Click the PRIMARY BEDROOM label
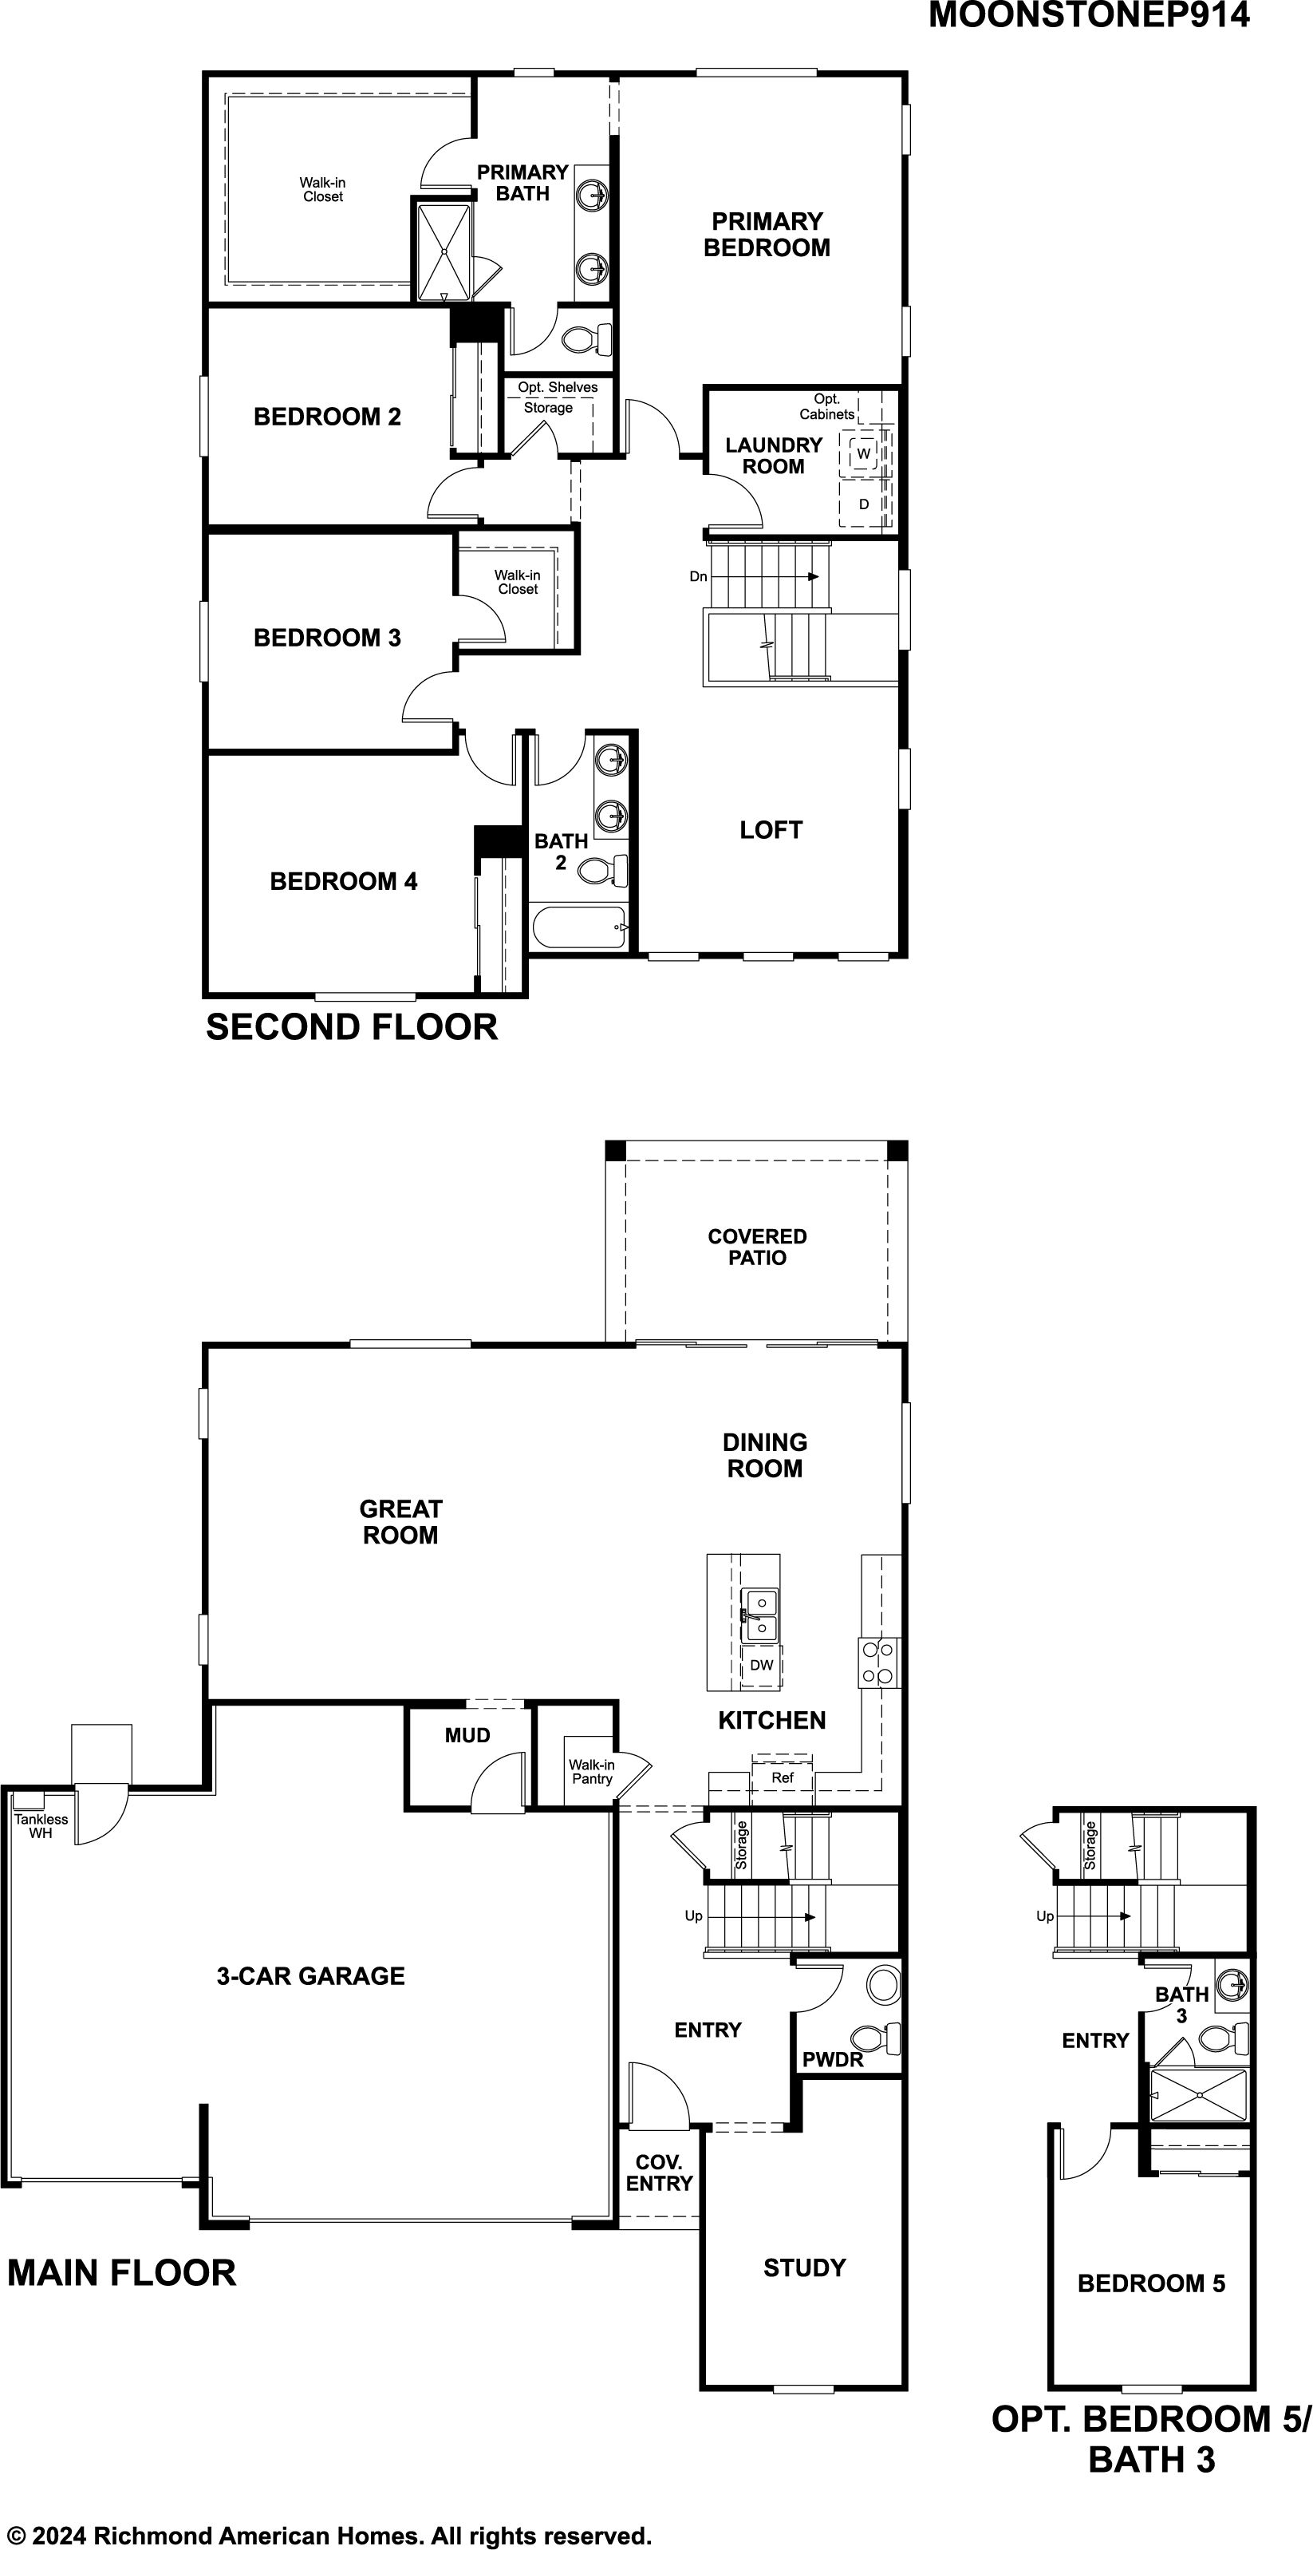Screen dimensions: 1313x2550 point(767,235)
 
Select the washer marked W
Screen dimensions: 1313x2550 point(864,453)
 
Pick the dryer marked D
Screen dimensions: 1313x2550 point(864,504)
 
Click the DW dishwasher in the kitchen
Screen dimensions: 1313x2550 point(761,1665)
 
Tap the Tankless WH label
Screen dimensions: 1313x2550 point(41,1826)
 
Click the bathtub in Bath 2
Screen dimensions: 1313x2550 point(580,927)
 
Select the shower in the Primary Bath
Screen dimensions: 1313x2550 point(444,251)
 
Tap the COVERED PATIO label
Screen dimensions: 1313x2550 point(757,1247)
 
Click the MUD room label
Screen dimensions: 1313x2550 point(467,1735)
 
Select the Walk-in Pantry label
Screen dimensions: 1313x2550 point(592,1772)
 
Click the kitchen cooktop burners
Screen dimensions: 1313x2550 point(878,1662)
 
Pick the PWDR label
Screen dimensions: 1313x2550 point(832,2059)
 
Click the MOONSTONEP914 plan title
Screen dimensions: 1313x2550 point(1088,16)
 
